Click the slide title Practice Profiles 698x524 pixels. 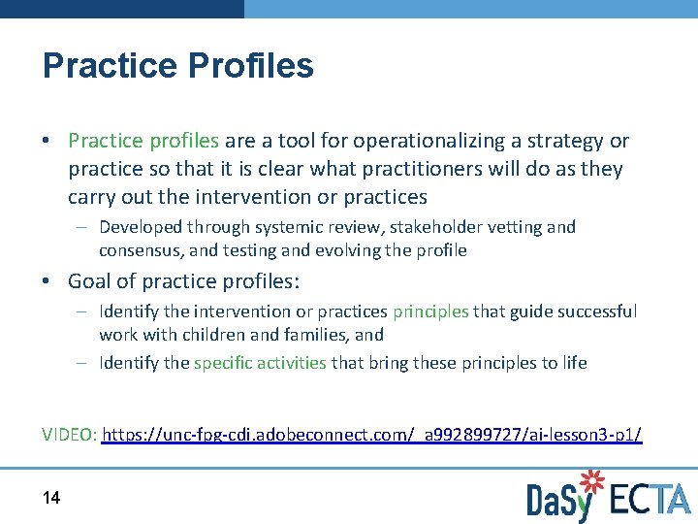178,66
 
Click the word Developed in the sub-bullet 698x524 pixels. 141,227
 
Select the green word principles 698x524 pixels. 430,311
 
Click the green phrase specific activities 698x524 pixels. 260,363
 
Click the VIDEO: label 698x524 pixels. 70,435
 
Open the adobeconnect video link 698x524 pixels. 371,435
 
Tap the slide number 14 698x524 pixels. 51,498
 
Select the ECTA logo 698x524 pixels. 650,499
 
